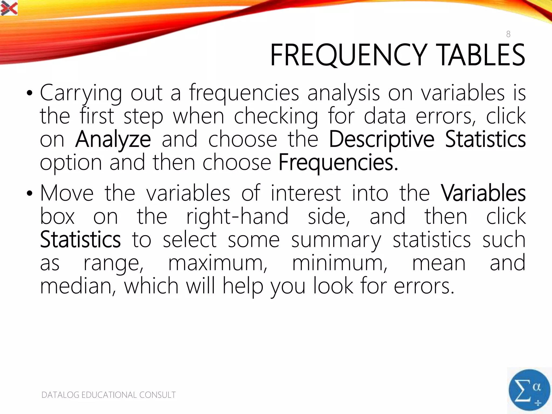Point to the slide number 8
508,34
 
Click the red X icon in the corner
9,8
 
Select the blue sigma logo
529,390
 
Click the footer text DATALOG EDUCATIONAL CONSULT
108,395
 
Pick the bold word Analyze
113,139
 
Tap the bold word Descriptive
381,139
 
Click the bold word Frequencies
338,163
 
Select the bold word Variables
483,193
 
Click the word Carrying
81,93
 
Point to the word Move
67,193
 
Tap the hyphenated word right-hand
237,216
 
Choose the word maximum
218,263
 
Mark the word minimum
340,263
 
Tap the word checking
276,116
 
